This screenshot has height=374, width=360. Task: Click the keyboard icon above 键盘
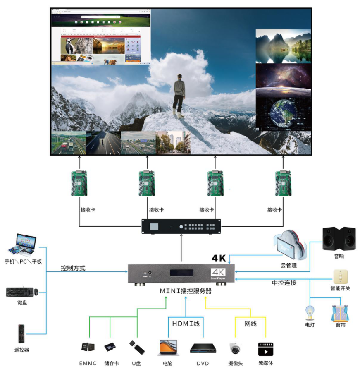(x=19, y=292)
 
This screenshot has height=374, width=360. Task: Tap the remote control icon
(x=21, y=334)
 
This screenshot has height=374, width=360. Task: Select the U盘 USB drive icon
(x=137, y=348)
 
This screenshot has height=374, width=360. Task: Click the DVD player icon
(x=203, y=348)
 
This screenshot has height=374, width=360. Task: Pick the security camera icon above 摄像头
(x=235, y=349)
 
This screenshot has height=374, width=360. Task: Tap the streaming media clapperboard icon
(x=266, y=349)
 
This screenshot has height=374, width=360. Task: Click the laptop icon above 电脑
(x=168, y=348)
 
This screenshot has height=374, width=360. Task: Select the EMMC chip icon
(x=88, y=347)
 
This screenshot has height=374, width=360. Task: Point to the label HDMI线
(x=186, y=324)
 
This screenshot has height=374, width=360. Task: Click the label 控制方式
(x=73, y=268)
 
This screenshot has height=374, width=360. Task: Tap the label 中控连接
(x=284, y=283)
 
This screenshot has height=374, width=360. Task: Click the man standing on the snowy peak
(x=179, y=94)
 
